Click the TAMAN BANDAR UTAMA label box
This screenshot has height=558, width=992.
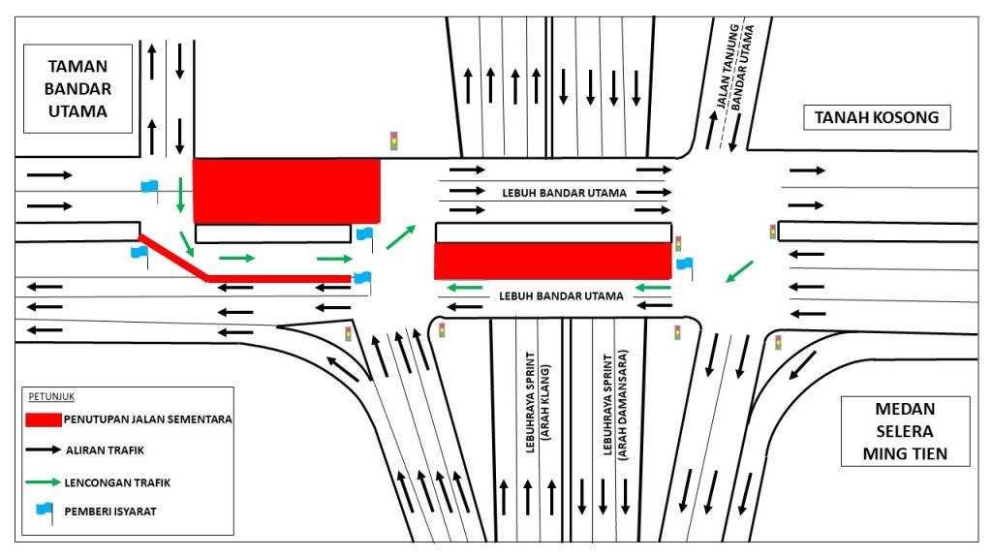pyautogui.click(x=77, y=88)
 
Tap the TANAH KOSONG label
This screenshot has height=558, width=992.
pyautogui.click(x=876, y=117)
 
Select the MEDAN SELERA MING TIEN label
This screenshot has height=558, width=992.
pyautogui.click(x=905, y=431)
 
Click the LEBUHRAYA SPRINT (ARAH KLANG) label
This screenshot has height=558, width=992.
pyautogui.click(x=537, y=402)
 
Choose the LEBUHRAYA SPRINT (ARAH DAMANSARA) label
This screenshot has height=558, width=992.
pyautogui.click(x=615, y=405)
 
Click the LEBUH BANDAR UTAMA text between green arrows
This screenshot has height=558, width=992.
pyautogui.click(x=561, y=296)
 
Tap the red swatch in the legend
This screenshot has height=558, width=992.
pyautogui.click(x=43, y=419)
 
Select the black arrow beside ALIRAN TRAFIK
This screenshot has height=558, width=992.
pyautogui.click(x=43, y=449)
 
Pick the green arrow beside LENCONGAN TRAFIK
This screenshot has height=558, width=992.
pyautogui.click(x=43, y=482)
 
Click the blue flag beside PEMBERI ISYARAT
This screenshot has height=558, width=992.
pyautogui.click(x=45, y=512)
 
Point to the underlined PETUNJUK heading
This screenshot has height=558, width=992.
pyautogui.click(x=51, y=396)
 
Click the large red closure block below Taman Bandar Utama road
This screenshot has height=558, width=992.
pyautogui.click(x=287, y=191)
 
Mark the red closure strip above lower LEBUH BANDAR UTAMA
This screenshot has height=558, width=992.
pyautogui.click(x=553, y=262)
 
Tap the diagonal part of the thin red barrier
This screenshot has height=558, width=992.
pyautogui.click(x=172, y=257)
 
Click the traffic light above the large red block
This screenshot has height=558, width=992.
pyautogui.click(x=393, y=140)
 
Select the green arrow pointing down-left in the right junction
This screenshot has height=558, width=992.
pyautogui.click(x=739, y=271)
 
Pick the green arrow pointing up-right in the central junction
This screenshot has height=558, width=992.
pyautogui.click(x=401, y=237)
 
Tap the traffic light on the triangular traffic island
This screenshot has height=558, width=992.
pyautogui.click(x=348, y=333)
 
